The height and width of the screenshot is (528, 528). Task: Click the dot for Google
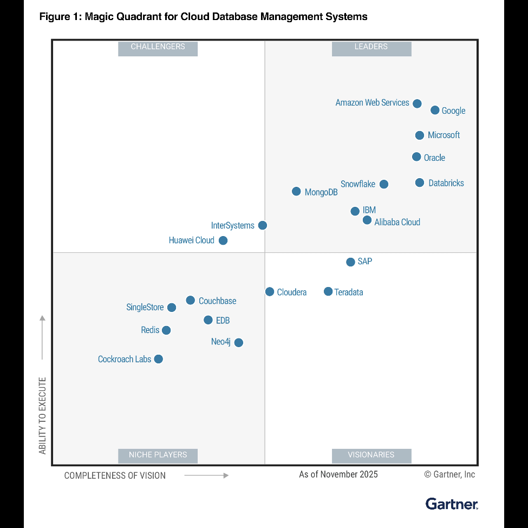tap(435, 110)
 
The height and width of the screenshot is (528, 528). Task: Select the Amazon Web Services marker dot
tap(417, 103)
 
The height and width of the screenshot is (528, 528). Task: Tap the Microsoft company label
tap(444, 135)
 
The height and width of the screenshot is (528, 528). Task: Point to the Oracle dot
tap(416, 157)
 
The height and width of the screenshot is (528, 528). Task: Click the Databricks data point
tap(420, 183)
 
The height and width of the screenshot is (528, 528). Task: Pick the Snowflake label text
tap(358, 184)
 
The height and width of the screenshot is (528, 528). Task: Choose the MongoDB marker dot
tap(296, 191)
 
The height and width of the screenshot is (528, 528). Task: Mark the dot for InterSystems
tap(263, 225)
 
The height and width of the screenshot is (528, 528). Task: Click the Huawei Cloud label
tap(192, 240)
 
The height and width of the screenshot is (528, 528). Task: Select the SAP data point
tap(350, 262)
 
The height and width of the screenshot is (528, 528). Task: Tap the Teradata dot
tap(328, 292)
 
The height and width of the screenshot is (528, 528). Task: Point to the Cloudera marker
tap(270, 292)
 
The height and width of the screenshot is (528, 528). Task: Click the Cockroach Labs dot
tap(158, 359)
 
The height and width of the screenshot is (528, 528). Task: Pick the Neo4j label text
tap(221, 342)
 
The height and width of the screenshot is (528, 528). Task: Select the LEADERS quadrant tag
tap(371, 47)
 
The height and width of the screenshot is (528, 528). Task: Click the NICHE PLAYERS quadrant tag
tap(158, 455)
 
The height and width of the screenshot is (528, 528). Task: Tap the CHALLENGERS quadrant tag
tap(158, 47)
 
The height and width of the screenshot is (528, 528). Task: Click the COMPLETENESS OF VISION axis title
tap(115, 475)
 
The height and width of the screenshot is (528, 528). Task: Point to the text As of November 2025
tap(338, 474)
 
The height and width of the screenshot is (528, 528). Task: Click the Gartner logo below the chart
tap(452, 504)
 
